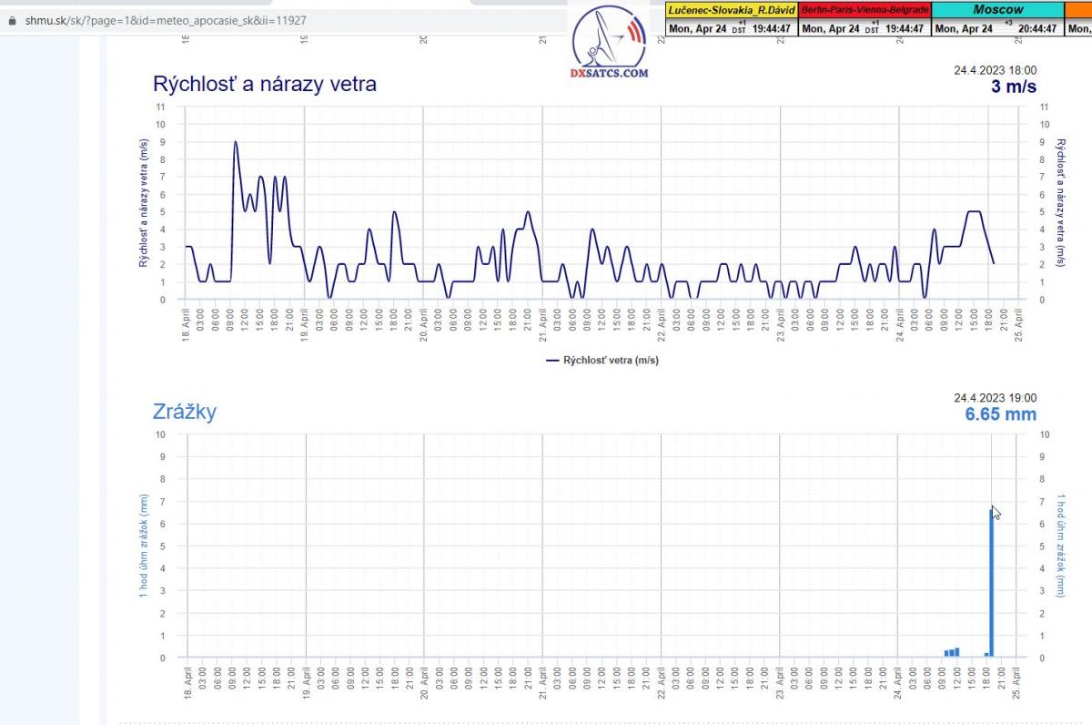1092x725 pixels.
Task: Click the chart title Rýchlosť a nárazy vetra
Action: pyautogui.click(x=265, y=85)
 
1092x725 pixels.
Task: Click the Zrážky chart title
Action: pyautogui.click(x=185, y=412)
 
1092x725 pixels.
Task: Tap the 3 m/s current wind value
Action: pyautogui.click(x=1013, y=87)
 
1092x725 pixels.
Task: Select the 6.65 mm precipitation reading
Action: pyautogui.click(x=1000, y=414)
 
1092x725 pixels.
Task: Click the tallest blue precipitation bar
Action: pyautogui.click(x=991, y=583)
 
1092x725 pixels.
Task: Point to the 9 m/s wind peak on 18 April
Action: pyautogui.click(x=236, y=143)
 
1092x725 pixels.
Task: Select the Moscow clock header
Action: pyautogui.click(x=997, y=9)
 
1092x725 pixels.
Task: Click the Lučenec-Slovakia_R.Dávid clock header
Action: pyautogui.click(x=732, y=9)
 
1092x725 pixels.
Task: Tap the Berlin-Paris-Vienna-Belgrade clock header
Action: pyautogui.click(x=864, y=9)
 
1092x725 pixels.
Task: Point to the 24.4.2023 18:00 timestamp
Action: pyautogui.click(x=995, y=70)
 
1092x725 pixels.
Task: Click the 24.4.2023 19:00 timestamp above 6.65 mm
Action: pyautogui.click(x=995, y=398)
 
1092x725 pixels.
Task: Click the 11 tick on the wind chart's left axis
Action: pyautogui.click(x=161, y=107)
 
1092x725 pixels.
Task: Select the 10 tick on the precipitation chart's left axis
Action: pyautogui.click(x=161, y=434)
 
